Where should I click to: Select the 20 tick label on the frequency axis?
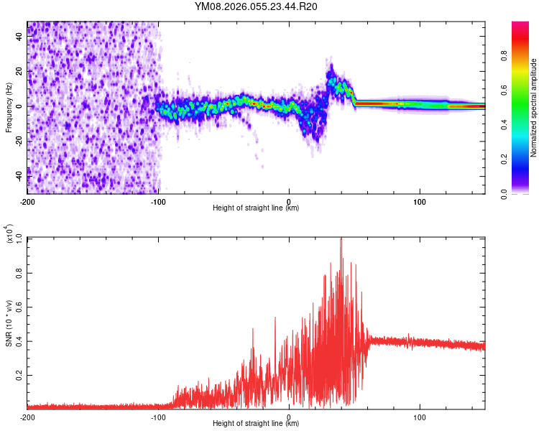pyautogui.click(x=20, y=72)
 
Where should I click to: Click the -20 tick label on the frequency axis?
pyautogui.click(x=19, y=141)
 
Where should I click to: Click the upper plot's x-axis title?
pyautogui.click(x=256, y=208)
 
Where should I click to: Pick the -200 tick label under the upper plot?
pyautogui.click(x=27, y=200)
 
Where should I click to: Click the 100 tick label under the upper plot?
pyautogui.click(x=420, y=200)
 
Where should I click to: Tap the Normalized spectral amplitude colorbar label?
pyautogui.click(x=533, y=108)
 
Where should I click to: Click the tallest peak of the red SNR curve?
pyautogui.click(x=341, y=238)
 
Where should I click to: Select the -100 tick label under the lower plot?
pyautogui.click(x=158, y=417)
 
